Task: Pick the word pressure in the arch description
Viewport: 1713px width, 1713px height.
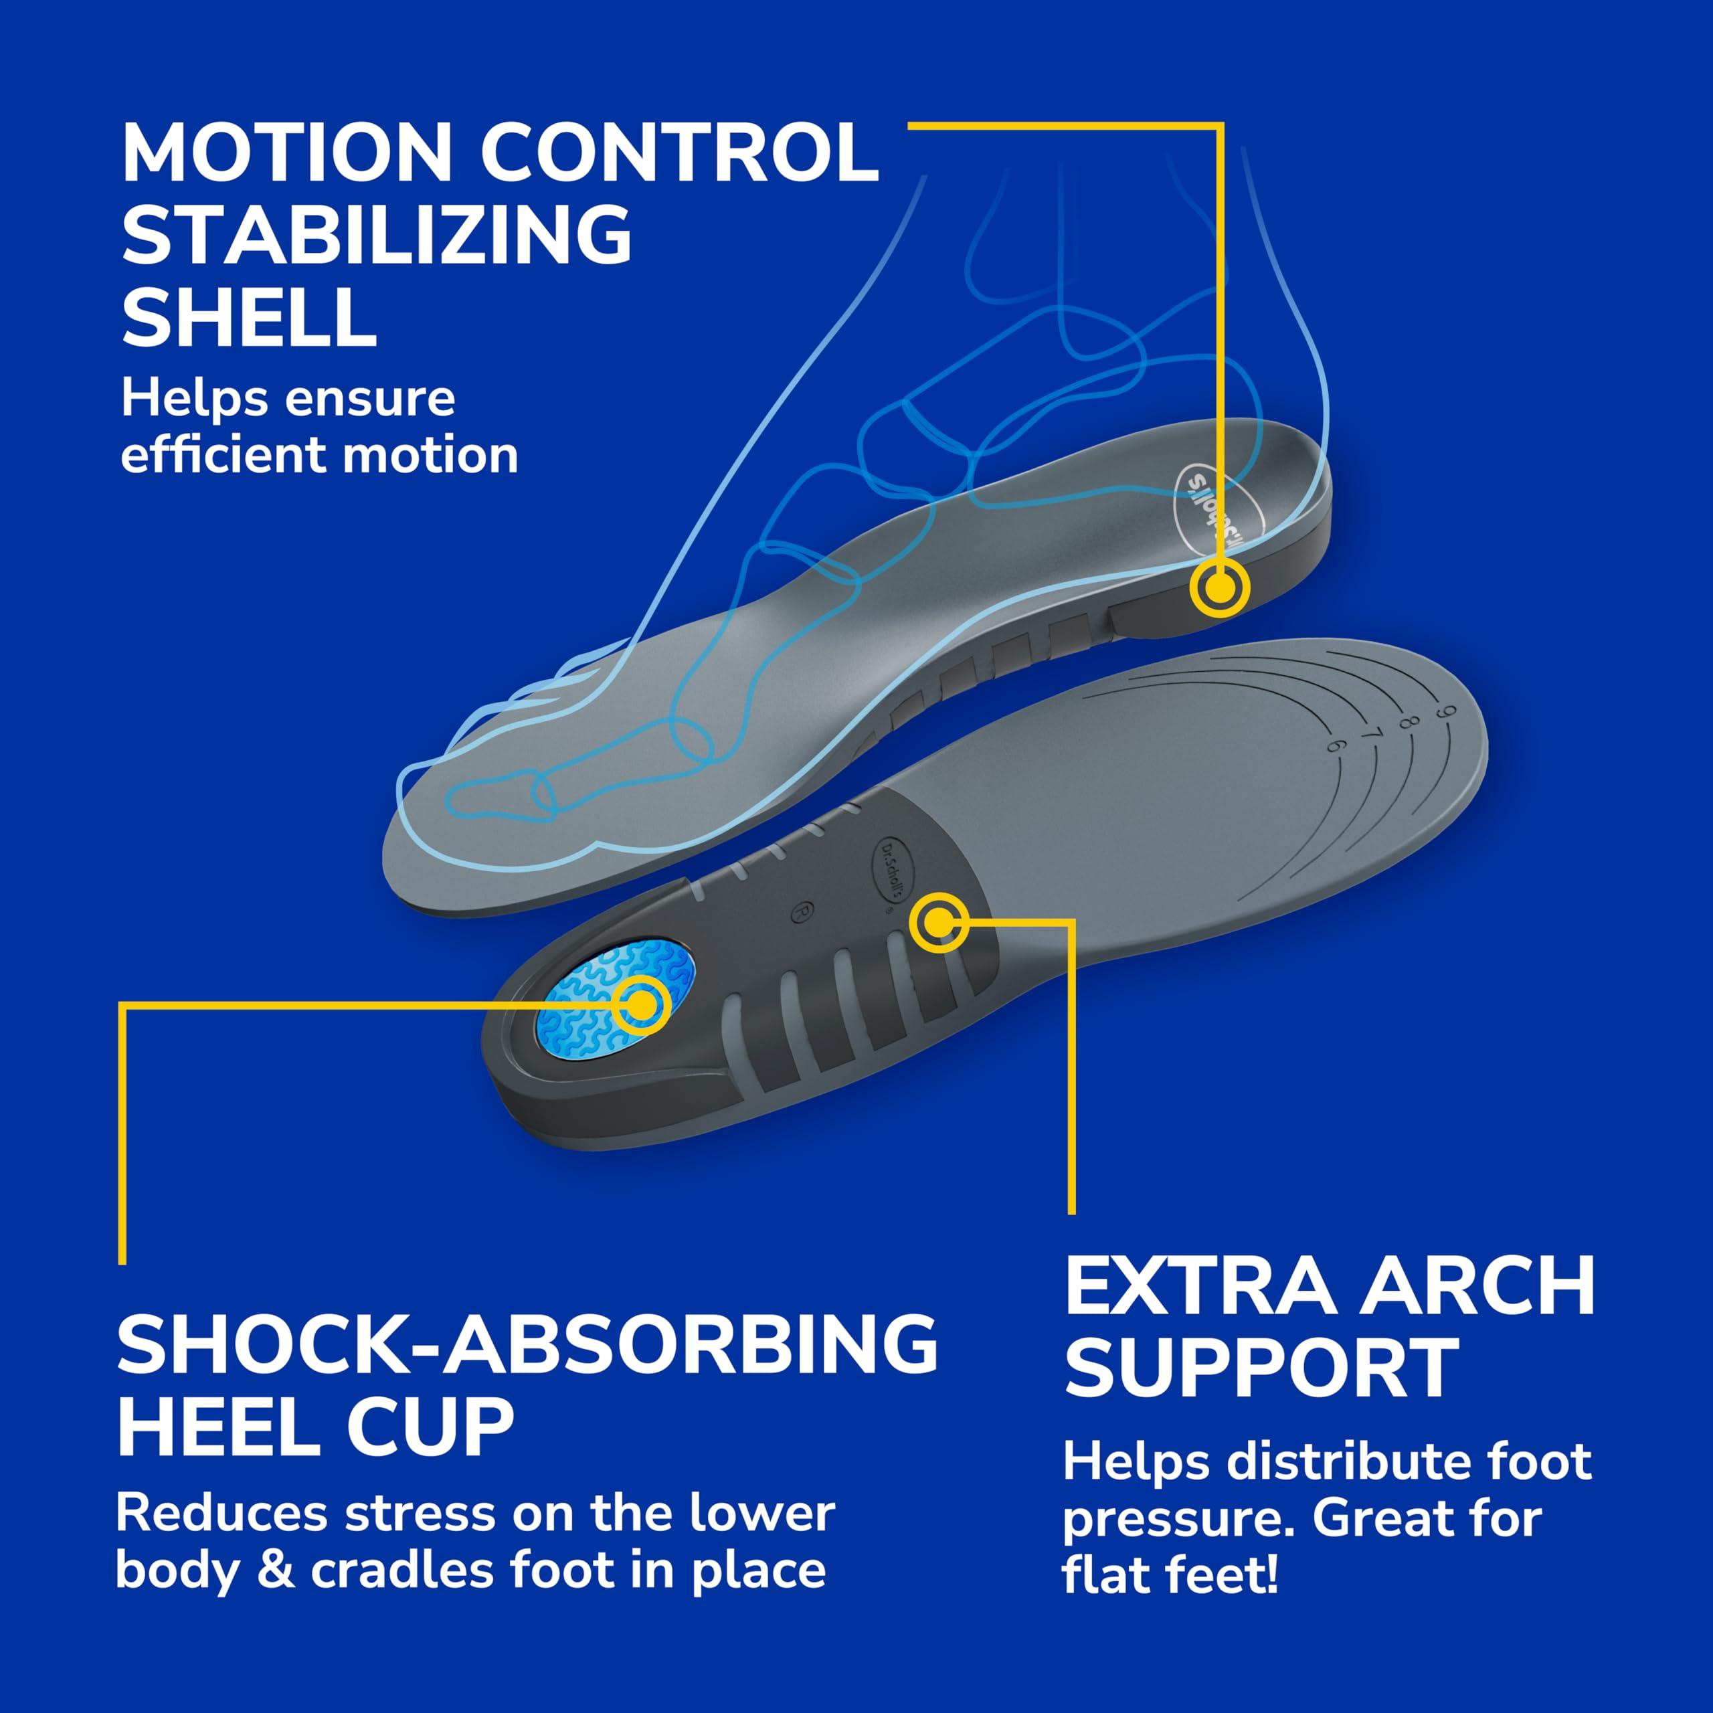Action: [1178, 1519]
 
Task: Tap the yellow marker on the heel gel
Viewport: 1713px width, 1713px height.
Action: [641, 1004]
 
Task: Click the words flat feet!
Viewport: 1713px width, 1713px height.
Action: [1170, 1574]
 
